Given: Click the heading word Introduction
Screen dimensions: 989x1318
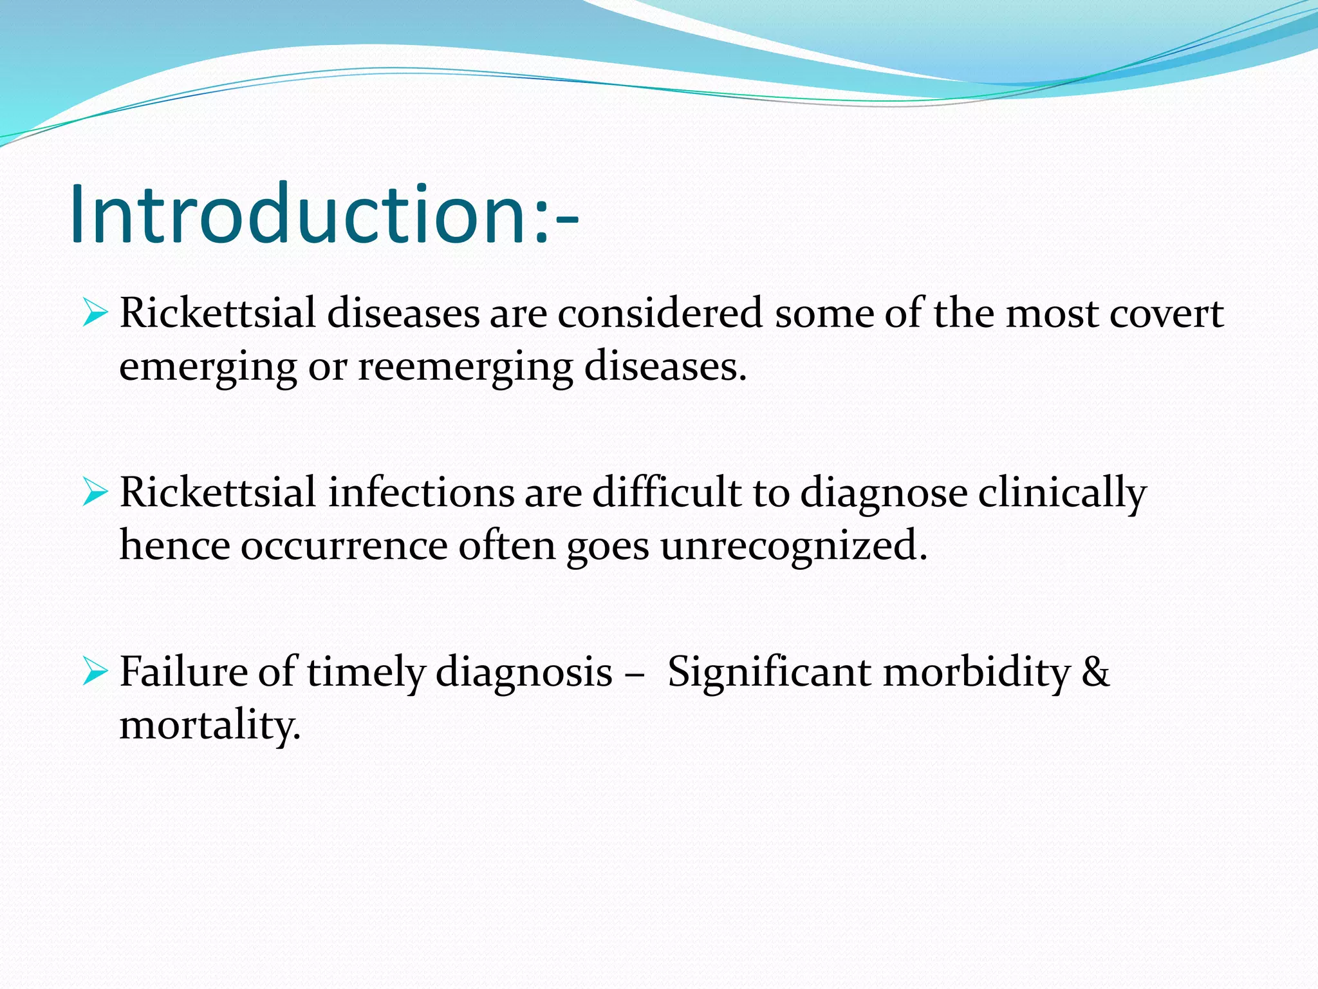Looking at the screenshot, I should click(299, 214).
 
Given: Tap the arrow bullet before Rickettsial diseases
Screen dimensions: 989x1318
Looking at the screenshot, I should click(95, 314).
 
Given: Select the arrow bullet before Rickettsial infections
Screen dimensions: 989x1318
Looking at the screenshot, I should click(95, 493).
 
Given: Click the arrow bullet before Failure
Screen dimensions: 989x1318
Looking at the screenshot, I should click(95, 672).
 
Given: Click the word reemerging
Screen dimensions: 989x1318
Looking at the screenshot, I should click(465, 367).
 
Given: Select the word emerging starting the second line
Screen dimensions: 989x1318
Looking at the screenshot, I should click(207, 367).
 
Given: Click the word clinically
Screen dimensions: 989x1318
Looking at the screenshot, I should click(1062, 493).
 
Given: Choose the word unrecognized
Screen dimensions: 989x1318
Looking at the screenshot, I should click(793, 546).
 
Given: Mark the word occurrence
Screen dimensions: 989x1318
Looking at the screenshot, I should click(344, 546).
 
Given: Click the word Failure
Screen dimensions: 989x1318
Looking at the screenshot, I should click(183, 672).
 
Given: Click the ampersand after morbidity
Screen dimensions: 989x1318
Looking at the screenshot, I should click(1095, 672).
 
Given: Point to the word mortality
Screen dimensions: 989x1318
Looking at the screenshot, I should click(210, 725).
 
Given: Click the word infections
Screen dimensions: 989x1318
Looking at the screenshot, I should click(421, 493).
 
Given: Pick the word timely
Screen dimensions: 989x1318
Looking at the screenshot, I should click(366, 672).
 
